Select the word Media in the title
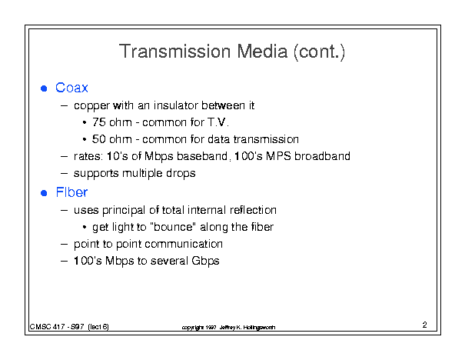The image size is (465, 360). tap(262, 51)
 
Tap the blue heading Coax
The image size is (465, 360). tap(71, 88)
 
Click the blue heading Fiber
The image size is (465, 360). tap(71, 192)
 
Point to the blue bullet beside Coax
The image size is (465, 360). tap(44, 88)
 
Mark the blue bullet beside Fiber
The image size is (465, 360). tap(44, 193)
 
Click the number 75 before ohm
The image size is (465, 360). tap(98, 122)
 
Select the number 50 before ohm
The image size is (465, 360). tap(98, 139)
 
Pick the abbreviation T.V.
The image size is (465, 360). tap(218, 122)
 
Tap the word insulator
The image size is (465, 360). tap(176, 105)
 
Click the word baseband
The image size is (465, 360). tap(202, 156)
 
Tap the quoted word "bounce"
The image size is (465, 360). tap(173, 227)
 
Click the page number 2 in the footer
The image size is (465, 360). tap(425, 325)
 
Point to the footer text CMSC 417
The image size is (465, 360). tap(47, 327)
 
